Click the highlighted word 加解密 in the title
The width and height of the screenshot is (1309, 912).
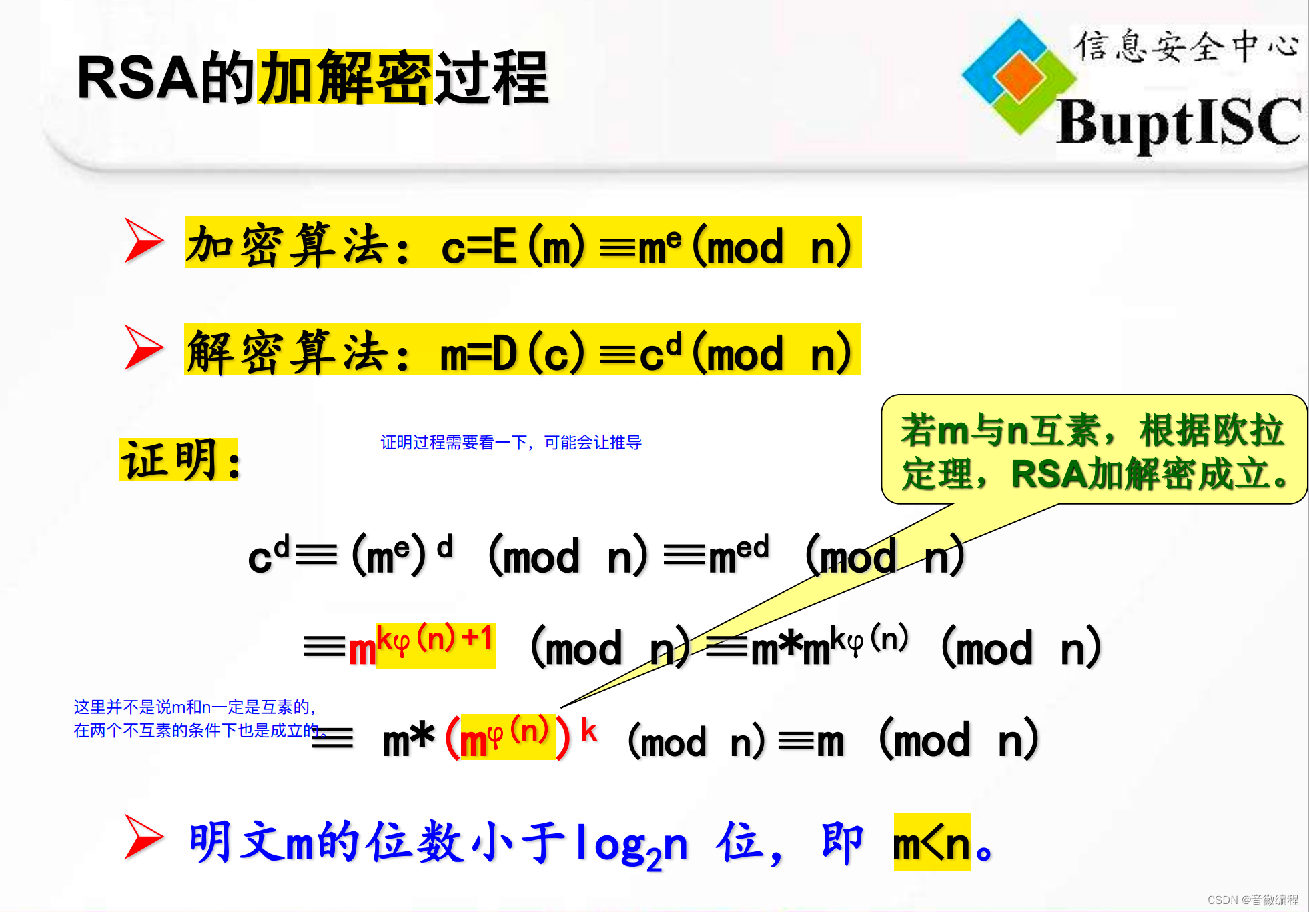point(344,77)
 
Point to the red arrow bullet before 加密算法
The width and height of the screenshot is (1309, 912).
point(143,241)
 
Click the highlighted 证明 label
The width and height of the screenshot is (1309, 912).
point(178,460)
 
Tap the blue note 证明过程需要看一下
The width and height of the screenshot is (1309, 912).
point(510,443)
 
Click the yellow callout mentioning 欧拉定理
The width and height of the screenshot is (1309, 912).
point(1093,451)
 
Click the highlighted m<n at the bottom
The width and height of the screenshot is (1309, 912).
point(931,843)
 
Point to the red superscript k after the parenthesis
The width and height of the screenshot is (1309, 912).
point(588,731)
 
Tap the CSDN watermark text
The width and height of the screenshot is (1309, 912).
point(1252,900)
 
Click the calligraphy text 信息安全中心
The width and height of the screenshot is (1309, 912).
point(1186,47)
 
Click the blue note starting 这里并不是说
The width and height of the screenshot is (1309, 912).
point(195,719)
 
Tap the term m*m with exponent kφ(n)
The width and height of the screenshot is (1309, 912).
point(829,645)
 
